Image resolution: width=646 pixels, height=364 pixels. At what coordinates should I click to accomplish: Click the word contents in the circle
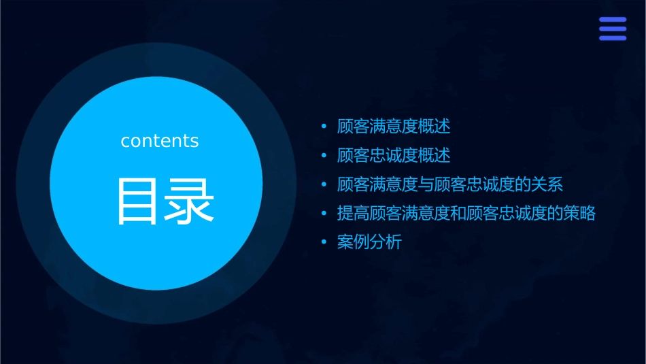coord(160,141)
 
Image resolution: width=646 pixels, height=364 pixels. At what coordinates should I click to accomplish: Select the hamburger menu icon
coord(612,29)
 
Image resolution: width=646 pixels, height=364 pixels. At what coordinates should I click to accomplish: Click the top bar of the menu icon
coord(612,20)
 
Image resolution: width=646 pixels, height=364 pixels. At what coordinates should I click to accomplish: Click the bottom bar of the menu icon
coord(612,38)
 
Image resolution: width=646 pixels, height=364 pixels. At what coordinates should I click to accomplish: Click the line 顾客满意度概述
coord(394,127)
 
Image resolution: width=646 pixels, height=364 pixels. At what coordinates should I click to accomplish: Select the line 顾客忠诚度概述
coord(394,156)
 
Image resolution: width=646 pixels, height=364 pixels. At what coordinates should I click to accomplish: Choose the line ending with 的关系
coord(450,184)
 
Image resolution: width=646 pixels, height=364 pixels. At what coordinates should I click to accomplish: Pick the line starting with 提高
coord(466,214)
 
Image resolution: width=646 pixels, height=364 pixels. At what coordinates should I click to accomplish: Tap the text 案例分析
coord(369,242)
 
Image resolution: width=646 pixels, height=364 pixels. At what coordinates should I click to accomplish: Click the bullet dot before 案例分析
coord(324,242)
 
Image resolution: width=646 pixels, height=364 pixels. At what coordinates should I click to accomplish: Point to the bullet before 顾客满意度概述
coord(324,127)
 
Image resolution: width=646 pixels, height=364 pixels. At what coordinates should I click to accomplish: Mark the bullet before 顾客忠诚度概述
coord(324,156)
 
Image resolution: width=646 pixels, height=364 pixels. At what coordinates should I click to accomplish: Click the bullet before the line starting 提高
coord(324,214)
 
